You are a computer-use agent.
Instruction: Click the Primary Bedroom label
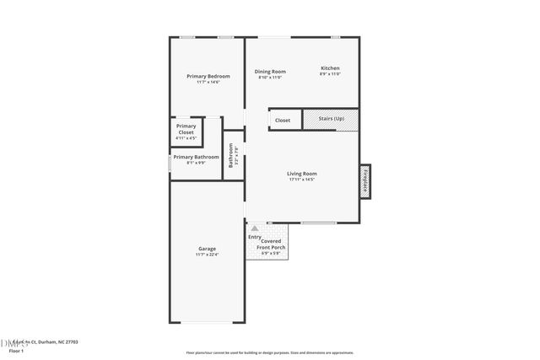tap(208, 76)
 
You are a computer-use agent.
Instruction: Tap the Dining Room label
tap(271, 72)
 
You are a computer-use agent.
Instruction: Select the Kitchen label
tap(330, 68)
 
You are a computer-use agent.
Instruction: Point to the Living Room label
tap(301, 174)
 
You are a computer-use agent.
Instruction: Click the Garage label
tap(207, 249)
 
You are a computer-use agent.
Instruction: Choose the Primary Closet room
tap(186, 130)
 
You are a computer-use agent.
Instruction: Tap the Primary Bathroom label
tap(196, 157)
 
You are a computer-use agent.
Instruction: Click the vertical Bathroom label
tap(231, 157)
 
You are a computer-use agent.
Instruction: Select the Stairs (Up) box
tap(331, 120)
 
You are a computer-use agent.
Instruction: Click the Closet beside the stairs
tap(283, 121)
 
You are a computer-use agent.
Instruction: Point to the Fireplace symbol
tap(365, 180)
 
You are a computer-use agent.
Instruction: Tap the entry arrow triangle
tap(254, 228)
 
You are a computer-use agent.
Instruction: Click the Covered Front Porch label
tap(271, 244)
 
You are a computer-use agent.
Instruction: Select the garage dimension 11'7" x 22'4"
tap(208, 255)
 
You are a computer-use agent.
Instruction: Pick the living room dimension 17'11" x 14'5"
tap(301, 180)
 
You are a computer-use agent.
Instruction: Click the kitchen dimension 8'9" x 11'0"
tap(330, 74)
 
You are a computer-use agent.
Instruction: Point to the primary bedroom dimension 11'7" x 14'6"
tap(208, 82)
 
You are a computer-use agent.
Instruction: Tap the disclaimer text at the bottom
tap(270, 353)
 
